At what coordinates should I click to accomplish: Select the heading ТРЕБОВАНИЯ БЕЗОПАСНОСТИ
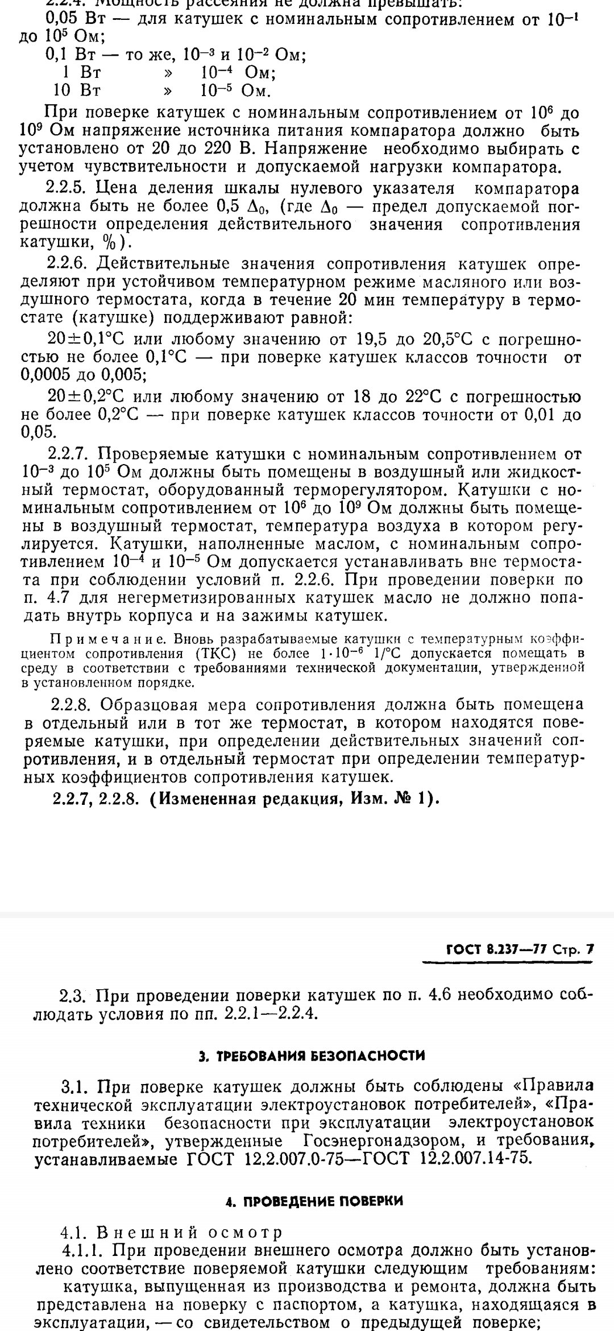tap(312, 1056)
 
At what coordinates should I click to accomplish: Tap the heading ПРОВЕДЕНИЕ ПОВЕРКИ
tap(314, 1201)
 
